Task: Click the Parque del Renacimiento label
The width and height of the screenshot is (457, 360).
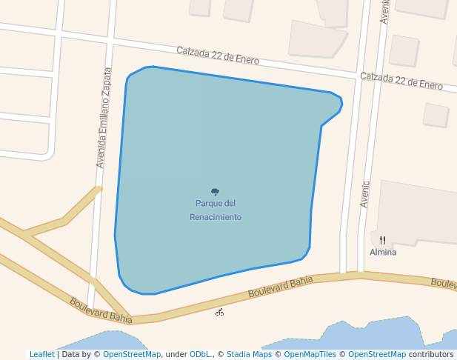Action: point(216,210)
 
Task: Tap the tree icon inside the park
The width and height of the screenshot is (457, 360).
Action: point(216,192)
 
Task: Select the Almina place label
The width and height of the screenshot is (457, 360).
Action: point(383,253)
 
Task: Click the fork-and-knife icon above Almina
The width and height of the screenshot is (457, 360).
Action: point(383,240)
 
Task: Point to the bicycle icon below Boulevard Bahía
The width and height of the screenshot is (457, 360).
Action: point(220,312)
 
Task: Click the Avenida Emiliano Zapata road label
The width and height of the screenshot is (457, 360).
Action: point(104,118)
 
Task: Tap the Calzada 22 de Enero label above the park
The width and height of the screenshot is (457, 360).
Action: point(218,55)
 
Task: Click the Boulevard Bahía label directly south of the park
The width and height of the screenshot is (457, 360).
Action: point(281,286)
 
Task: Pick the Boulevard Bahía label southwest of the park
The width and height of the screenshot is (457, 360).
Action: point(101,310)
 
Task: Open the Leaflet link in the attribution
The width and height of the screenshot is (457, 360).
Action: point(42,355)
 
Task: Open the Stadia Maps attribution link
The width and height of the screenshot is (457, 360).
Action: point(249,355)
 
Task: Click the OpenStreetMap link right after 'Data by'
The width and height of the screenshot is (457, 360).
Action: point(132,355)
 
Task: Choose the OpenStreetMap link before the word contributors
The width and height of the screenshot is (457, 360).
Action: point(377,355)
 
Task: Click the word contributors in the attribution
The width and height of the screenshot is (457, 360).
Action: point(430,355)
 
